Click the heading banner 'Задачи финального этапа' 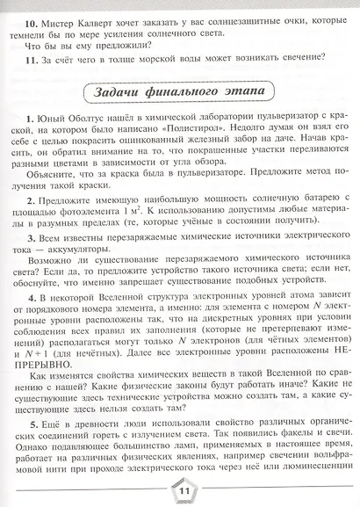click(179, 91)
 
